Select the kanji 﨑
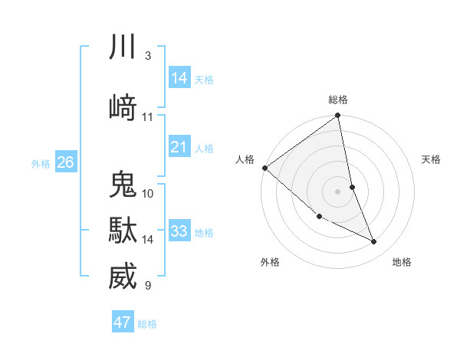123,107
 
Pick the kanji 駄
123,231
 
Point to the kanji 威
123,277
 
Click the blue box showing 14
179,78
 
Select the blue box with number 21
179,147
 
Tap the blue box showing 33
179,231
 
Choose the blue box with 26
66,162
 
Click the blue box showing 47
123,322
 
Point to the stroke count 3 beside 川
147,56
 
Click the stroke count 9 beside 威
147,286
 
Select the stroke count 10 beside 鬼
148,194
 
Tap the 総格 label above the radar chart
338,100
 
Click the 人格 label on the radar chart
245,159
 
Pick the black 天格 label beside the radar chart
431,159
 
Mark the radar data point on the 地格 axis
374,242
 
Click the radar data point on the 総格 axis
338,116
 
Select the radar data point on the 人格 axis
264,168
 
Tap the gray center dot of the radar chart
338,191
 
